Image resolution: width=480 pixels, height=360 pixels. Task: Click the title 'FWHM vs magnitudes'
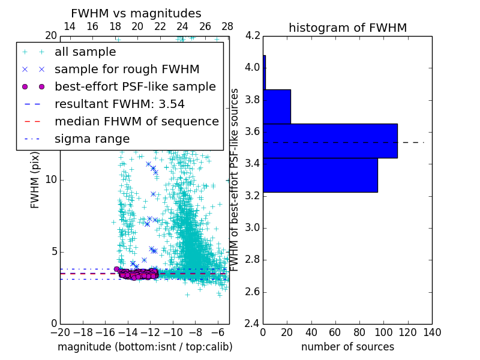coord(136,14)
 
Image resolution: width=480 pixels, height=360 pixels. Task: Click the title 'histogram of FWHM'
coord(347,28)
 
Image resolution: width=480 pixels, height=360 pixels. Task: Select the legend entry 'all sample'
coord(85,52)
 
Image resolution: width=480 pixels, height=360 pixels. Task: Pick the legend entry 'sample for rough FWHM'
coord(127,69)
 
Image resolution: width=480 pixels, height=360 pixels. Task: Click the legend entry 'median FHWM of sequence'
coord(136,121)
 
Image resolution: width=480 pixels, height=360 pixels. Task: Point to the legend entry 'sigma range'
coord(92,139)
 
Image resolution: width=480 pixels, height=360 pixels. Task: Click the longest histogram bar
coord(330,140)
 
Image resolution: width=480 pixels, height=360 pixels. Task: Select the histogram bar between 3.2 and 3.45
coord(320,175)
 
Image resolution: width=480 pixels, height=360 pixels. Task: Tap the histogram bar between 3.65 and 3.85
coord(277,106)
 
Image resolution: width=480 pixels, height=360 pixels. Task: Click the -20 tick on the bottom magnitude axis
coord(60,332)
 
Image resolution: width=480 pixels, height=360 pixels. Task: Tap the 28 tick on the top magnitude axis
coord(227,26)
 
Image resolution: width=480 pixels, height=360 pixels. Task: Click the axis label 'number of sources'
coord(347,347)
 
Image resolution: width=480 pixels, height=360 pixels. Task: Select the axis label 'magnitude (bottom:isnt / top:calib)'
coord(145,347)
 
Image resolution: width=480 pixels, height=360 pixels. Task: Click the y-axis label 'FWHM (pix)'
coord(35,179)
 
